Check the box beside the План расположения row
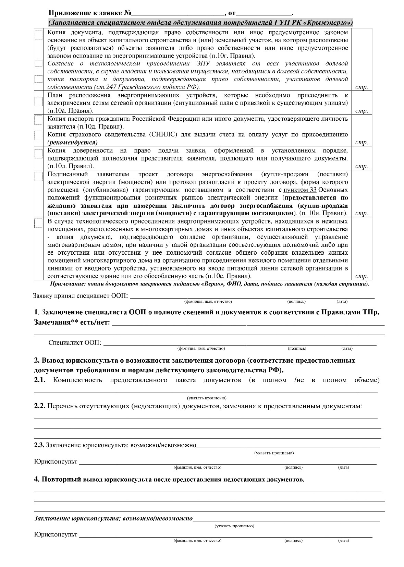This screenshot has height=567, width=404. [38, 102]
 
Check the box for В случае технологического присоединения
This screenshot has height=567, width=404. [38, 223]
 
